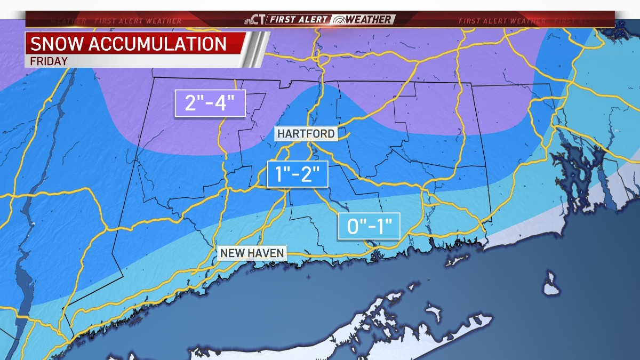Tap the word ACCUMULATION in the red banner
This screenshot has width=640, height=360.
pos(158,43)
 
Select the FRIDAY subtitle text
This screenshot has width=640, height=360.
pos(46,61)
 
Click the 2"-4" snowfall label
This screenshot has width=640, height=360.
pos(210,103)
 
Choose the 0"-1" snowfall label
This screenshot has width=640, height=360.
pos(369,227)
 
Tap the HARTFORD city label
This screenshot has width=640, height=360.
pos(306,134)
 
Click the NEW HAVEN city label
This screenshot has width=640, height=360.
pos(252,253)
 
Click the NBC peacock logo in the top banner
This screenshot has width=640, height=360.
pos(249,20)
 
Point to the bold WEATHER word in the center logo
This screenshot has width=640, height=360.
pos(371,20)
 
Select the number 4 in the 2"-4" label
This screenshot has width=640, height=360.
pos(230,103)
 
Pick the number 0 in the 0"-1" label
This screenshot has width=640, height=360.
pos(354,227)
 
